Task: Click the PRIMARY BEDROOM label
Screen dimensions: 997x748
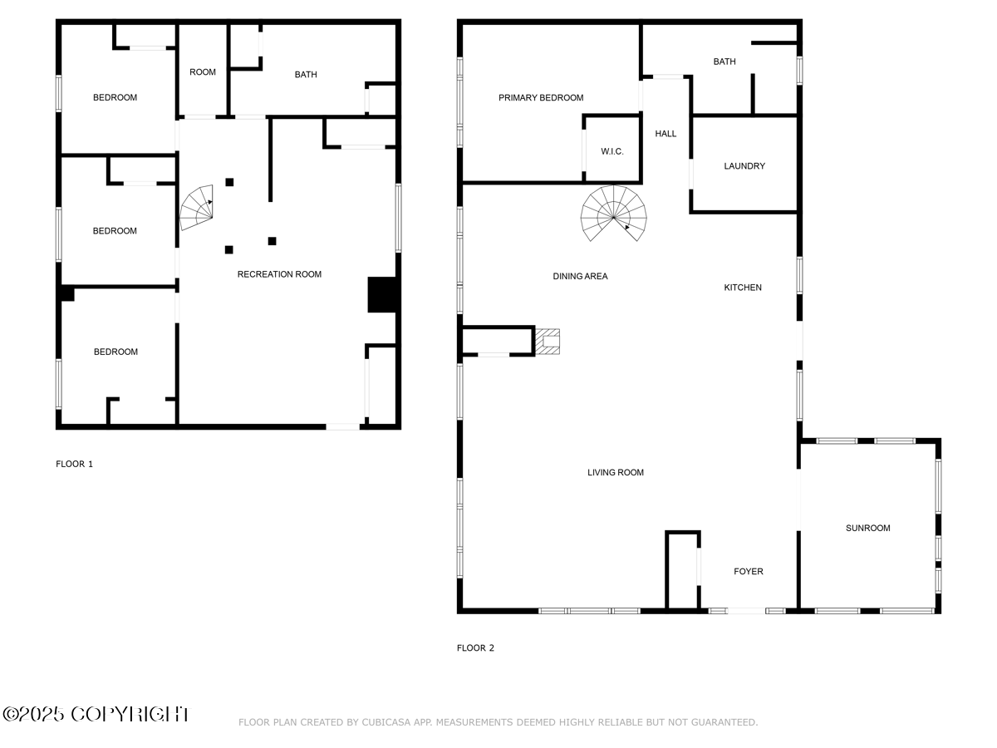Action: click(541, 97)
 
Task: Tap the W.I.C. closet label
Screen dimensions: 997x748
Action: click(611, 151)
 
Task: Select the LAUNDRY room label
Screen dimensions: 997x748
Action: click(744, 165)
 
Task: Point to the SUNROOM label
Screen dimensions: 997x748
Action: click(867, 528)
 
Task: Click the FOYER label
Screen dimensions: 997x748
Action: click(748, 571)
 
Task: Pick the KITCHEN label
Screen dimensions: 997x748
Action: click(743, 288)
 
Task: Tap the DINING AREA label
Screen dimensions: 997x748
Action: click(580, 276)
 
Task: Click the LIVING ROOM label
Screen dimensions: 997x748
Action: click(616, 472)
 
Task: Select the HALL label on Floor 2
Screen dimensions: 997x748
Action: click(665, 134)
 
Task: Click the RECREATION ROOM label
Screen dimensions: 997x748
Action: click(279, 274)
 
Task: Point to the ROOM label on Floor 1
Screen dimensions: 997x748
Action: click(203, 72)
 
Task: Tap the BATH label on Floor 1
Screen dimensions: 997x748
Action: click(306, 75)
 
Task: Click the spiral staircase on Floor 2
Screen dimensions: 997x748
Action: click(614, 214)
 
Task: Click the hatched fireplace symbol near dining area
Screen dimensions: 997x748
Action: click(548, 342)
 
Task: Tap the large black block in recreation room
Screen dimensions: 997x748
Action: click(382, 295)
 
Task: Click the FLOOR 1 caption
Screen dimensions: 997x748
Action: click(75, 464)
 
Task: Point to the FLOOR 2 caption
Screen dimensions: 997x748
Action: click(475, 647)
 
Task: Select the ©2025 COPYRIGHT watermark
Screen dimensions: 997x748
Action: click(96, 714)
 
